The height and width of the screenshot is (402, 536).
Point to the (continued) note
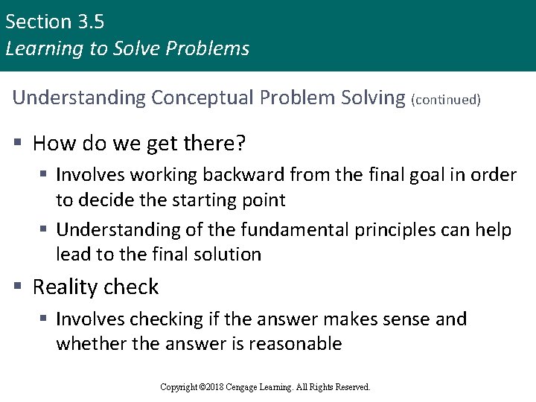pyautogui.click(x=446, y=100)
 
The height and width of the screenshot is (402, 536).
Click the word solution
pyautogui.click(x=228, y=255)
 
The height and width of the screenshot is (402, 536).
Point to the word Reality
pyautogui.click(x=66, y=287)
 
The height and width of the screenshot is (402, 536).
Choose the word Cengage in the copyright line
pyautogui.click(x=251, y=387)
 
